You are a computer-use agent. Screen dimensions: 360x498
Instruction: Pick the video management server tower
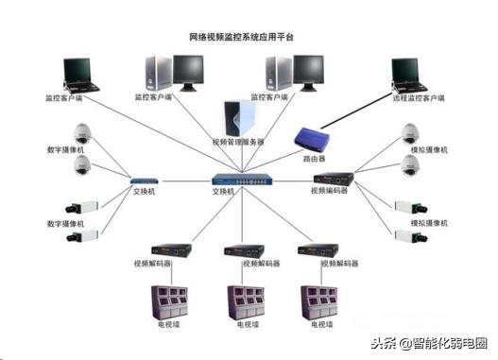[x=238, y=118]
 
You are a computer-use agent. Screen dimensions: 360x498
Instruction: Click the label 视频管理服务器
[x=238, y=142]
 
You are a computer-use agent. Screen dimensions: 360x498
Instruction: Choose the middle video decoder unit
[x=242, y=250]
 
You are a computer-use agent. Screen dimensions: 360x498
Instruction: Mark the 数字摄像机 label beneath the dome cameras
[x=66, y=149]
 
